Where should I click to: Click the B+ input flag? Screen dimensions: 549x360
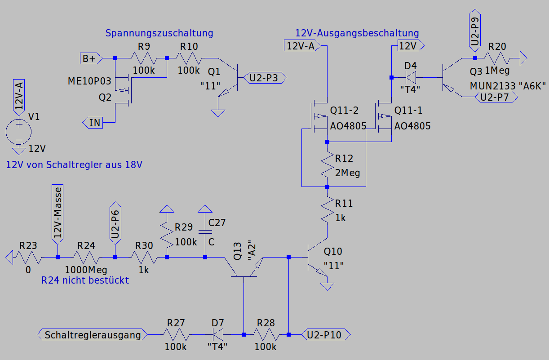coord(91,58)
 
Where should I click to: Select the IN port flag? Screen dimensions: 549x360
coord(93,123)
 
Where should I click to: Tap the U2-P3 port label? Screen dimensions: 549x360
coord(265,78)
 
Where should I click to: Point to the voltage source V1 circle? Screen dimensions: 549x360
coord(19,132)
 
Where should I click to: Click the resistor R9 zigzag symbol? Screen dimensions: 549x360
coord(144,58)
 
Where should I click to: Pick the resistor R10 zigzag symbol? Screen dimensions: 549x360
coord(189,58)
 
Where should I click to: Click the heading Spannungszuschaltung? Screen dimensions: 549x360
coord(159,33)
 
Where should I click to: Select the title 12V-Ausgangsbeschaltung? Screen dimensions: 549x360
coord(357,33)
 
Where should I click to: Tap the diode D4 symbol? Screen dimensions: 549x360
coord(411,77)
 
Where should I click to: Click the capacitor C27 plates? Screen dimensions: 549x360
coord(205,232)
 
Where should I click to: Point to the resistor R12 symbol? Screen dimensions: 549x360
coord(327,164)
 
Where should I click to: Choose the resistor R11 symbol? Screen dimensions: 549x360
coord(327,209)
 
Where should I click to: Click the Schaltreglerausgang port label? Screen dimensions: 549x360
coord(93,334)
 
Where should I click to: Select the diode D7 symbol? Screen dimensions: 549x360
coord(218,334)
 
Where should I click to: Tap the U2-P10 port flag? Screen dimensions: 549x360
coord(326,334)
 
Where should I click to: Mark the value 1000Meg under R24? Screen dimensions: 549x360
coord(86,270)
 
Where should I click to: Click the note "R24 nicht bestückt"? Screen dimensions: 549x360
coord(85,280)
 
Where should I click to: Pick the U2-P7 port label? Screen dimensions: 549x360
coord(496,97)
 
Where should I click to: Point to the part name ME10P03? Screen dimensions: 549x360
coord(89,81)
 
